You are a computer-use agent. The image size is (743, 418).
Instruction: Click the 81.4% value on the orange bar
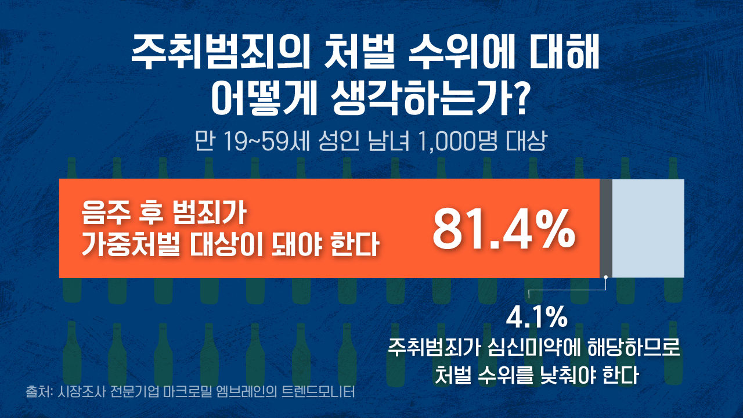[503, 229]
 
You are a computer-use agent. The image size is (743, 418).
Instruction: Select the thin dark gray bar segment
[605, 228]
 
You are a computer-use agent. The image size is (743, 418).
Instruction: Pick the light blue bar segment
[648, 228]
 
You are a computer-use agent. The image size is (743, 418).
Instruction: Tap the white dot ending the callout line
[605, 277]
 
